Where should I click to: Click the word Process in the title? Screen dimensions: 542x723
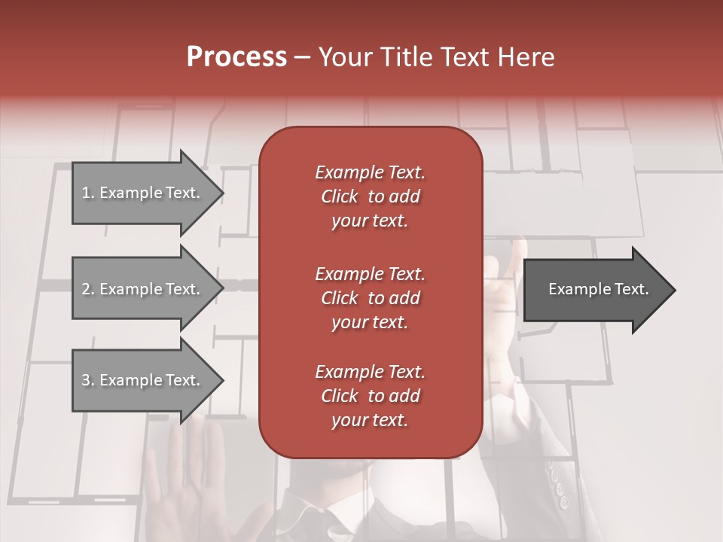tap(236, 57)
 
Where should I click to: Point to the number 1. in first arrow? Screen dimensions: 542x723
tap(88, 193)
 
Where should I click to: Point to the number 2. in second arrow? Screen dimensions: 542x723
tap(88, 289)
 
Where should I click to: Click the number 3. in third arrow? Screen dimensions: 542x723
tap(88, 380)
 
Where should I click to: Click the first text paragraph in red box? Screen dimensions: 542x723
tap(370, 196)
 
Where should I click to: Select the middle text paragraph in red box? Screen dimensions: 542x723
tap(370, 298)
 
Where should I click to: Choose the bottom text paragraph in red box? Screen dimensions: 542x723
tap(370, 396)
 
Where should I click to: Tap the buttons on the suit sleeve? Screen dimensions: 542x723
tap(558, 486)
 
